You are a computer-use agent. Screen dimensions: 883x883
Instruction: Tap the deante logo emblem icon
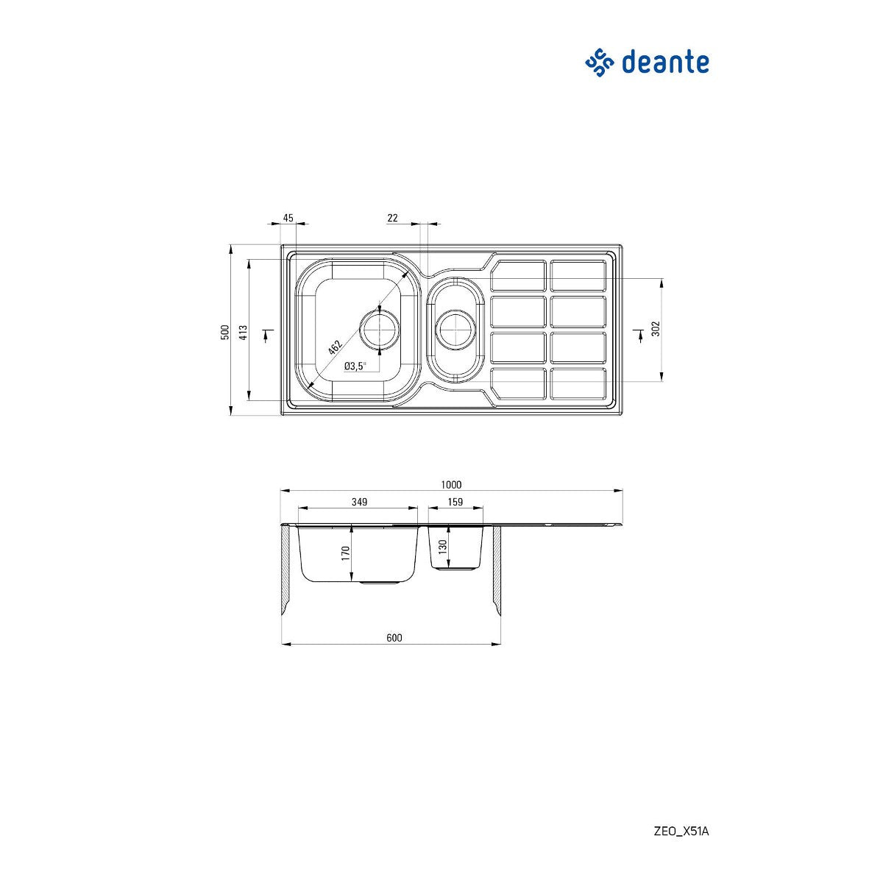pos(599,63)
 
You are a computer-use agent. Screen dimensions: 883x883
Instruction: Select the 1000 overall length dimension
pos(451,484)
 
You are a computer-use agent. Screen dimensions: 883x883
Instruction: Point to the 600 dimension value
pos(394,638)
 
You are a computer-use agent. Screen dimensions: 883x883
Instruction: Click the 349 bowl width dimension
pos(359,502)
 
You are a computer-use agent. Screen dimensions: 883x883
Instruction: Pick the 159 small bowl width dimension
pos(455,502)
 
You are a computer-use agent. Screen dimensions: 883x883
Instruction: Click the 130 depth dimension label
pos(442,547)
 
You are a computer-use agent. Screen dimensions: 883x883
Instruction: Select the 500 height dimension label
pos(224,332)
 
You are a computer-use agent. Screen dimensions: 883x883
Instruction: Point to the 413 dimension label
pos(243,332)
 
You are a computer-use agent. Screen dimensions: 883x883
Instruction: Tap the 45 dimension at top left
pos(288,218)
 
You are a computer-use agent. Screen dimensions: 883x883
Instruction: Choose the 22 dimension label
pos(392,218)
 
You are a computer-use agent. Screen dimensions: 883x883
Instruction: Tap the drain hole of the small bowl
pos(455,329)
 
